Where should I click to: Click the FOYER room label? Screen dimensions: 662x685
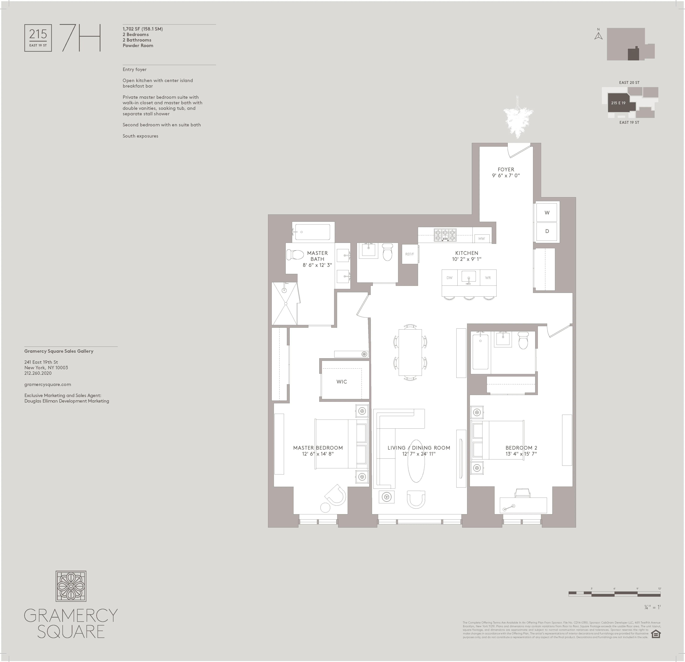coord(506,169)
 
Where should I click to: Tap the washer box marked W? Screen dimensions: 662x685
coord(547,213)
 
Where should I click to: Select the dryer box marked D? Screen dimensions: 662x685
coord(547,231)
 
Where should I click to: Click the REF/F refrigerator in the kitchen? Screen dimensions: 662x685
coord(410,254)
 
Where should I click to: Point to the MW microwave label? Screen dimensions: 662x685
coord(482,239)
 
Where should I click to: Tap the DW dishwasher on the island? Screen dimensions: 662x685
coord(449,278)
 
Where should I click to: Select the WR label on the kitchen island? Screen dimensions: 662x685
coord(488,278)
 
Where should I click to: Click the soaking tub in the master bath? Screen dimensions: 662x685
coord(312,232)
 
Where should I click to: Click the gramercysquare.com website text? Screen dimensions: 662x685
coord(48,384)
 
